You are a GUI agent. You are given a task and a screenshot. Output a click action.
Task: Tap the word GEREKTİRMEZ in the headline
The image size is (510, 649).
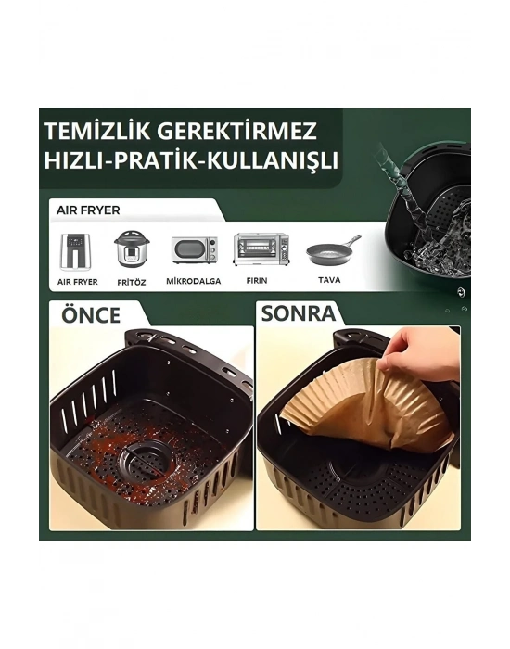(251, 129)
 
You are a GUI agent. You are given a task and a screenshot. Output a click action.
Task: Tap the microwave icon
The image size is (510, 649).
(193, 249)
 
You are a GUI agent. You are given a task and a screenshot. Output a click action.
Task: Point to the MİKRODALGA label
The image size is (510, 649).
(193, 281)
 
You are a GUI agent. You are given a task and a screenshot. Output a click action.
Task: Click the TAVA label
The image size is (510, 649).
(329, 281)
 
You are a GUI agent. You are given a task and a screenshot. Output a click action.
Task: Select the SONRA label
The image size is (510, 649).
(298, 313)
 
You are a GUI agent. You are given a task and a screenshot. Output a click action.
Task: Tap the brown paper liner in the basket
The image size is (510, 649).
(371, 413)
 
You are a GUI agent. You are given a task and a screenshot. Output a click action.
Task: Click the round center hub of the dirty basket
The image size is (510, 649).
(143, 454)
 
